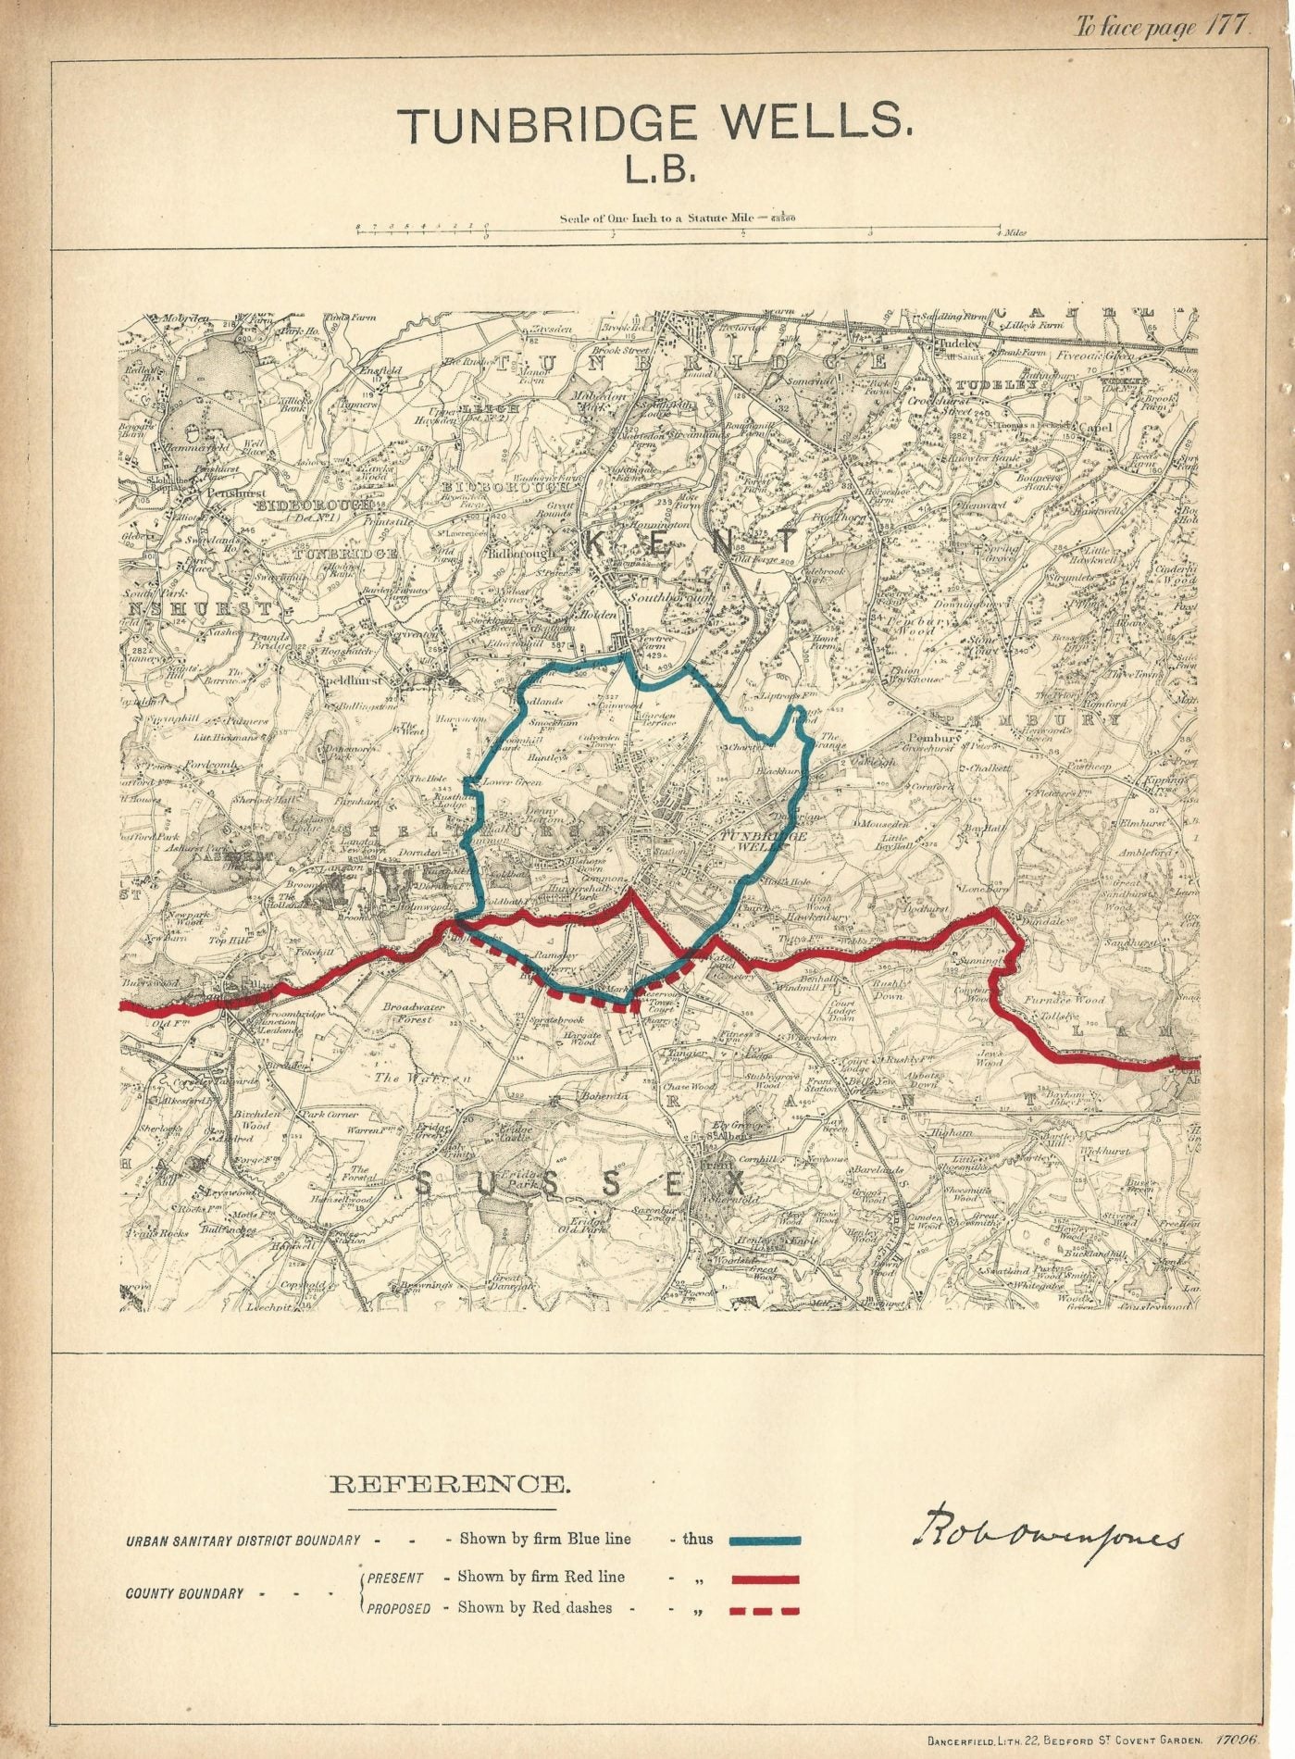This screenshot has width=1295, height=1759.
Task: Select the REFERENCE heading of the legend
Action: pos(450,1486)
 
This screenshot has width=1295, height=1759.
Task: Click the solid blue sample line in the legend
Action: pos(765,1541)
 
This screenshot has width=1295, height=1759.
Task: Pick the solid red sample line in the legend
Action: pos(765,1579)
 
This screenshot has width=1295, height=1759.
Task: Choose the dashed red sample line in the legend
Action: pos(765,1611)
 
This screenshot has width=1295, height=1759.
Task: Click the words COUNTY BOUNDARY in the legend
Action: pos(185,1593)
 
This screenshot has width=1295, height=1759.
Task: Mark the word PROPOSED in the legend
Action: pos(398,1609)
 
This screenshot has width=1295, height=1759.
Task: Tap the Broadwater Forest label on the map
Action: pos(414,1013)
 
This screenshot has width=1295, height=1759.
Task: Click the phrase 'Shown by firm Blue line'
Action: pos(545,1540)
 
